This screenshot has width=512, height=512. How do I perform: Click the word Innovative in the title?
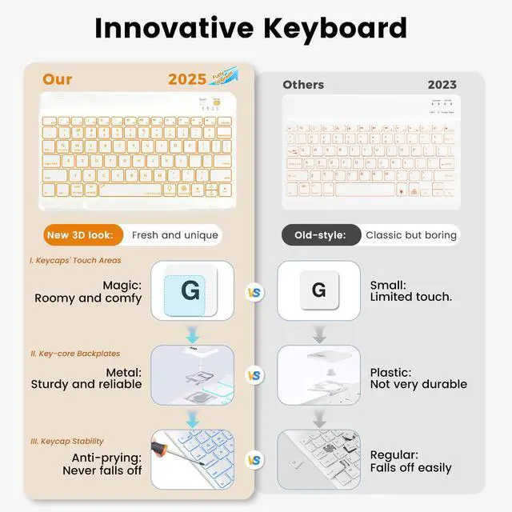[173, 28]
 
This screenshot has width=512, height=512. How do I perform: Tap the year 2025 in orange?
[187, 79]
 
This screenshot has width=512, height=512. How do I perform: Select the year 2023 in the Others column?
[442, 84]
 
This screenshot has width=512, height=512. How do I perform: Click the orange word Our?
[57, 79]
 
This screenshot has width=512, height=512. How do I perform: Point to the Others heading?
[303, 84]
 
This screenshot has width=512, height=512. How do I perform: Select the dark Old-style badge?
[319, 234]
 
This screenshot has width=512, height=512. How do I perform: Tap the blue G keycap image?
[190, 290]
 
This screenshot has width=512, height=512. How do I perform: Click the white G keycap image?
[318, 290]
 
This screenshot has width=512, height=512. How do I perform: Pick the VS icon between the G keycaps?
[254, 293]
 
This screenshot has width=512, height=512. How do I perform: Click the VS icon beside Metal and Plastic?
[254, 375]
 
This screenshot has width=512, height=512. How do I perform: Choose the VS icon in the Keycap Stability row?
[254, 460]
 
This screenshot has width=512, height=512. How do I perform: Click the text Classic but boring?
[411, 234]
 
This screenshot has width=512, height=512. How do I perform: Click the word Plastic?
[390, 372]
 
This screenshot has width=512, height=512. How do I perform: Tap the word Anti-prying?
[108, 457]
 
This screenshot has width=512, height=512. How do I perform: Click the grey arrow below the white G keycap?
[318, 333]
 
